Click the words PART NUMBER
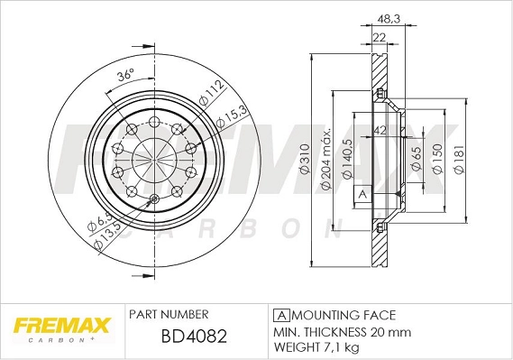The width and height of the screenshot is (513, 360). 169,315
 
